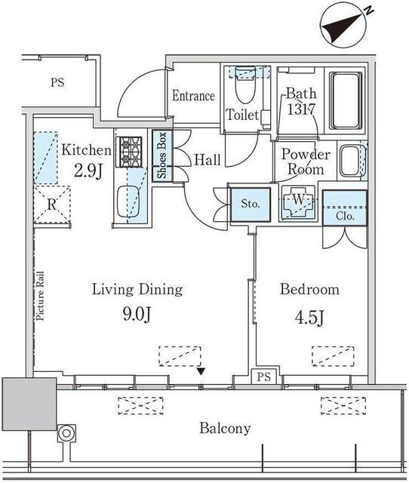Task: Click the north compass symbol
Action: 344,24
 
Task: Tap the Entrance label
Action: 193,96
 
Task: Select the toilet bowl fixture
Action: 245,85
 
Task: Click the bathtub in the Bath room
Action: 346,100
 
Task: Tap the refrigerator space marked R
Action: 52,204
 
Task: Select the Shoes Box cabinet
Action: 162,155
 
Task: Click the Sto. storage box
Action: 251,205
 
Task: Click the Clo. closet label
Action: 345,217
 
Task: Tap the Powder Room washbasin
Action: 349,161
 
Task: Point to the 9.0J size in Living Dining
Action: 137,315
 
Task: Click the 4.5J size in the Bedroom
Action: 309,318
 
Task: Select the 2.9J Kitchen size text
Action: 88,171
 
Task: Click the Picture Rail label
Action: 40,296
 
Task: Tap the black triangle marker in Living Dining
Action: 201,372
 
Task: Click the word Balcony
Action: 225,429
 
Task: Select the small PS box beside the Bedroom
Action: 264,377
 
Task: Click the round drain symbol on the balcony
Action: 66,433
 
